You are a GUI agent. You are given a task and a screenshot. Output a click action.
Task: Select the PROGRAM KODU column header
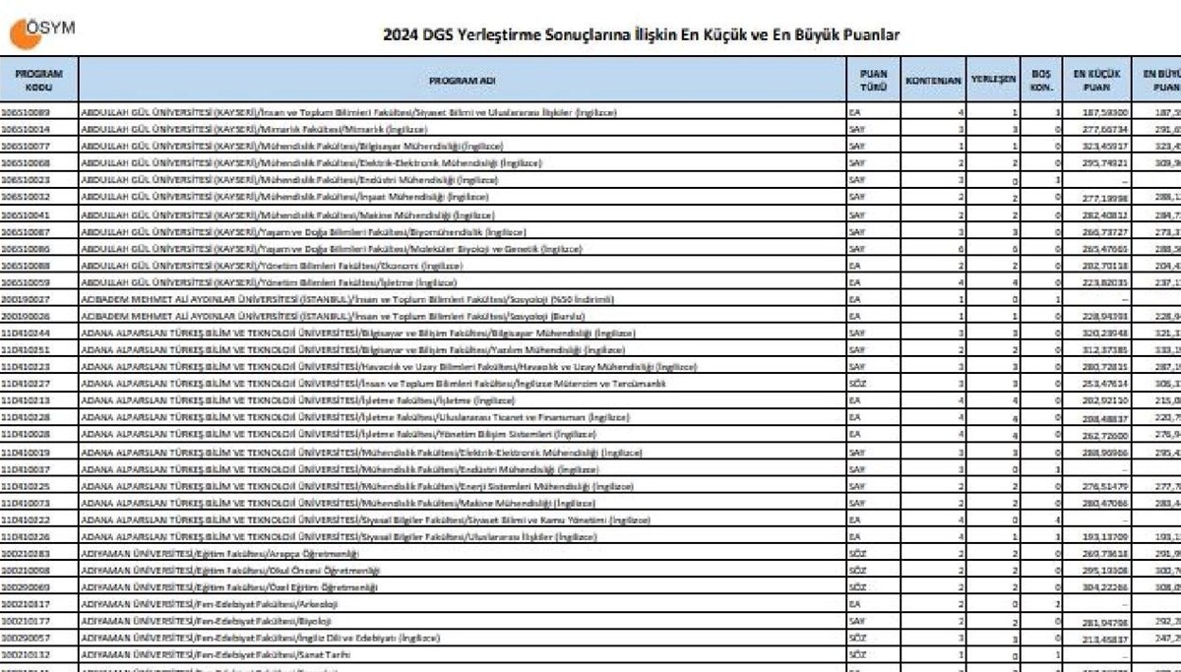coord(38,80)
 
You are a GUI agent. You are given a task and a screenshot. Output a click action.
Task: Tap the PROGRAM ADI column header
coord(462,80)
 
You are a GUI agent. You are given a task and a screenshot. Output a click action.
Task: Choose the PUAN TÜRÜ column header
coord(873,80)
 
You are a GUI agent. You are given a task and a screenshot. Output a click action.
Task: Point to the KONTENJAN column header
coord(933,80)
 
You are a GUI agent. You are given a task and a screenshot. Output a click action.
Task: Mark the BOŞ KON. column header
coord(1041,80)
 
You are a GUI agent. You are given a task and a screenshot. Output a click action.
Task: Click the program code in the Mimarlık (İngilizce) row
coord(26,129)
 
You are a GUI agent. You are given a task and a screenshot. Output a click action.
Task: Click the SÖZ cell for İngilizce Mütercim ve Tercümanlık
coord(857,384)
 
